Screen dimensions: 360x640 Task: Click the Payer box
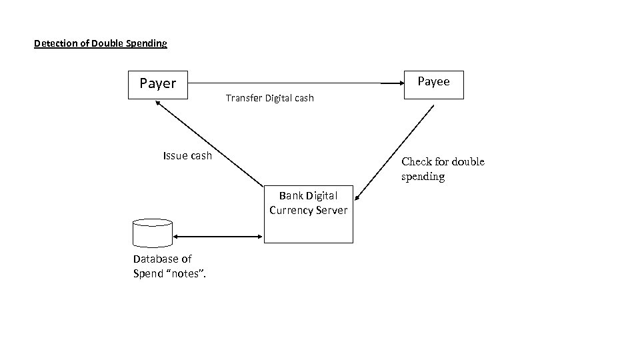pos(158,84)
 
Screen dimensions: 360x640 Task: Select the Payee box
pos(433,83)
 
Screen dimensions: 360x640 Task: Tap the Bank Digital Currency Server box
pos(308,213)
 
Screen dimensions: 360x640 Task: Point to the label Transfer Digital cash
pos(269,99)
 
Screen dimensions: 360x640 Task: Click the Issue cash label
pos(187,156)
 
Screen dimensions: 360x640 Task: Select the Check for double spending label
pos(443,169)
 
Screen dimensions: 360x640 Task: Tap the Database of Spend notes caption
pos(169,265)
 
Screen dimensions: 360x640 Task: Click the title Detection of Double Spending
pos(101,44)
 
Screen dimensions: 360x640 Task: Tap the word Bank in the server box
pos(291,196)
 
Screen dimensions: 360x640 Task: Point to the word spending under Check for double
pos(423,177)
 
